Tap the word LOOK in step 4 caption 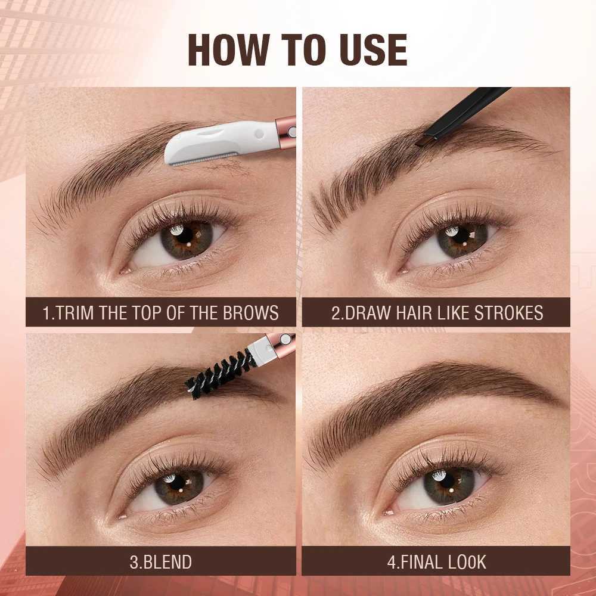point(468,561)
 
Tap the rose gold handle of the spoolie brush point(280,344)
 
